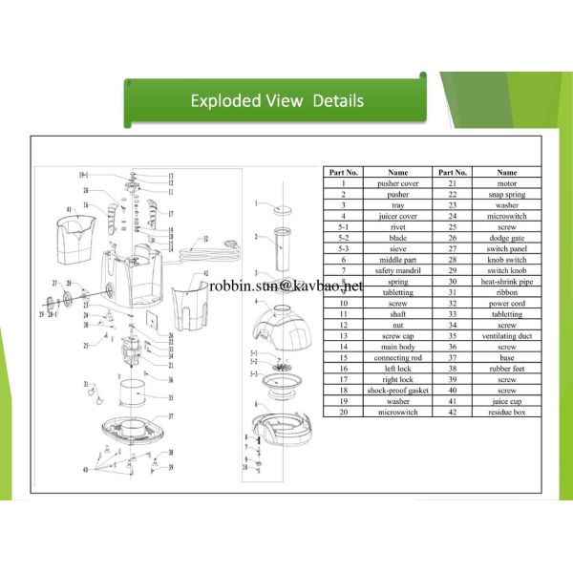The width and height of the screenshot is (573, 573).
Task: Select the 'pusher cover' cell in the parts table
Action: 398,182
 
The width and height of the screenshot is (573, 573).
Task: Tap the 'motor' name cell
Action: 505,182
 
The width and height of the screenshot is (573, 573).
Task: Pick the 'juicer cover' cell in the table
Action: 398,216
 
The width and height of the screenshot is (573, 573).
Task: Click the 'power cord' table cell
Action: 505,304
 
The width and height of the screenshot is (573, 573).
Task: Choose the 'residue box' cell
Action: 505,413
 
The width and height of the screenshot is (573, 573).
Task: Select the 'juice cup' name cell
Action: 505,402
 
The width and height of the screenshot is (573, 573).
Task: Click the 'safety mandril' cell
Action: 398,271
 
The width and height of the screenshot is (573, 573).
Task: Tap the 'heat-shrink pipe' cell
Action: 505,282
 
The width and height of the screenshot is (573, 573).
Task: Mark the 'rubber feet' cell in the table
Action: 505,370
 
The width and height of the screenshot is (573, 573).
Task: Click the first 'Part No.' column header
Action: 343,172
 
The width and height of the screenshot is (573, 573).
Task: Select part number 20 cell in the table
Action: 343,413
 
